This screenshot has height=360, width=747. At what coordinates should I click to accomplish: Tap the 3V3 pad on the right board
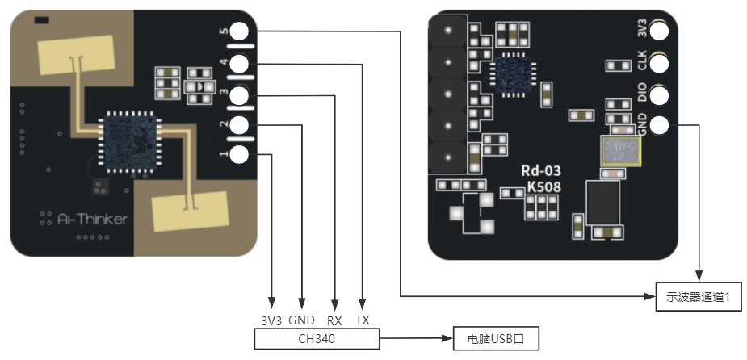(x=661, y=31)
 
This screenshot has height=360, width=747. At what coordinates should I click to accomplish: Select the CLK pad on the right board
(x=661, y=63)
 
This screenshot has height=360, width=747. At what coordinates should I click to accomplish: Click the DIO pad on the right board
(x=661, y=94)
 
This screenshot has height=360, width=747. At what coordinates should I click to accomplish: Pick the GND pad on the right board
(x=661, y=125)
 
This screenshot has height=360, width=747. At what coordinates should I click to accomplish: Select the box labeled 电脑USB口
(x=495, y=339)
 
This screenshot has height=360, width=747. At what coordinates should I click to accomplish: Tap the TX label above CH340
(x=363, y=320)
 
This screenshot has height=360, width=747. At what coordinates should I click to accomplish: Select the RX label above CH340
(x=334, y=320)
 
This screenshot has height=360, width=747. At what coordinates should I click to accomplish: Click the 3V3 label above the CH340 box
(x=271, y=320)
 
